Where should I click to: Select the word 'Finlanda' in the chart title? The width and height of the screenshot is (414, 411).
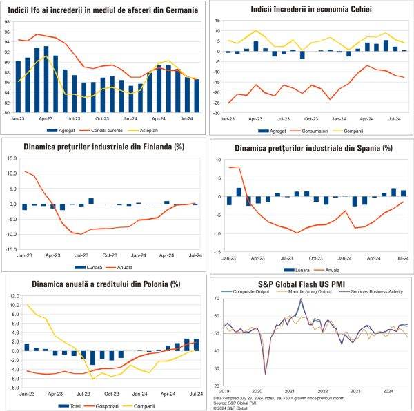coord(150,146)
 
